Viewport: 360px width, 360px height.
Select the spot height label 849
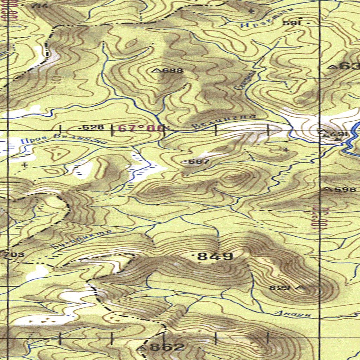215,256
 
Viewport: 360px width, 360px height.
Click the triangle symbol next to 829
301,288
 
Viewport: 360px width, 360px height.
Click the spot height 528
94,127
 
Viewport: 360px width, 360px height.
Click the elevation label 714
38,6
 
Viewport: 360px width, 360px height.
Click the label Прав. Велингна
63,140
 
